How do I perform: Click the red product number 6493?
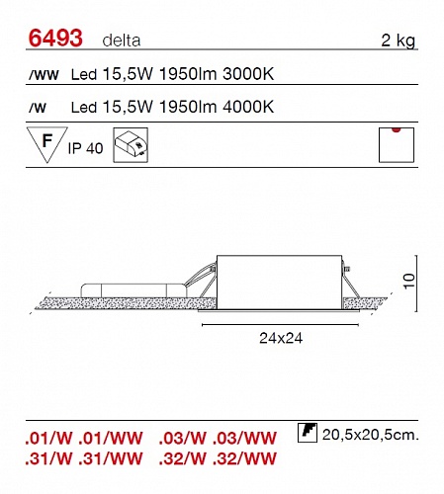point(55,38)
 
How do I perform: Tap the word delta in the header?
point(122,41)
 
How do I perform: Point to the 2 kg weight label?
point(398,41)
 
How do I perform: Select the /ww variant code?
point(44,75)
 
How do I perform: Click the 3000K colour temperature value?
point(248,74)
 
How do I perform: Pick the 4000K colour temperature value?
point(248,107)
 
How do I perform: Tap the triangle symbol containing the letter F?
point(47,144)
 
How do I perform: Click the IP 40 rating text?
point(85,148)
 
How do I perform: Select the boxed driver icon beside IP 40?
point(131,145)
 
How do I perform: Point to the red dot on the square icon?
point(397,129)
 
